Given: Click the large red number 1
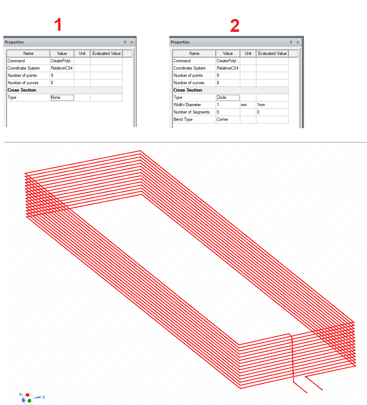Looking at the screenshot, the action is click(x=58, y=25).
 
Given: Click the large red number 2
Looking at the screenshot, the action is click(x=235, y=26).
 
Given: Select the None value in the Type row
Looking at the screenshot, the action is click(x=56, y=97).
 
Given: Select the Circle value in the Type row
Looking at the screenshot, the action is click(x=221, y=97).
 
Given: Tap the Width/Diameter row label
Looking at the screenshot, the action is click(x=187, y=105).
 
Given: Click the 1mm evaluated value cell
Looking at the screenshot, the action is click(x=261, y=105).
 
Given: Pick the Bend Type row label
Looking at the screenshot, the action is click(x=183, y=119).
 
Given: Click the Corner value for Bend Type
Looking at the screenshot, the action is click(x=222, y=119).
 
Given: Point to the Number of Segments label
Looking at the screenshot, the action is click(x=192, y=112).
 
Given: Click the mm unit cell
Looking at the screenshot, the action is click(x=244, y=105).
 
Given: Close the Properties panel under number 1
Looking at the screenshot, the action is click(x=132, y=42).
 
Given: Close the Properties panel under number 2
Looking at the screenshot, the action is click(x=297, y=42).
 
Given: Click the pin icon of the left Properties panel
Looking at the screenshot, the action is click(x=125, y=42).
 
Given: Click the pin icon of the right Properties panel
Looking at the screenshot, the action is click(x=291, y=42).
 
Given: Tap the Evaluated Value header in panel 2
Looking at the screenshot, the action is click(x=272, y=53).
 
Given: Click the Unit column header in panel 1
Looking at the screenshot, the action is click(x=82, y=53).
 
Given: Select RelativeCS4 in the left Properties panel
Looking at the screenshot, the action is click(x=62, y=68).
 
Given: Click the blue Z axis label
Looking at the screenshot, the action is click(x=44, y=397).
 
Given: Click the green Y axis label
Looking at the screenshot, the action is click(x=20, y=395).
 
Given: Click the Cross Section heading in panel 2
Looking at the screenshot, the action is click(x=188, y=90).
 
